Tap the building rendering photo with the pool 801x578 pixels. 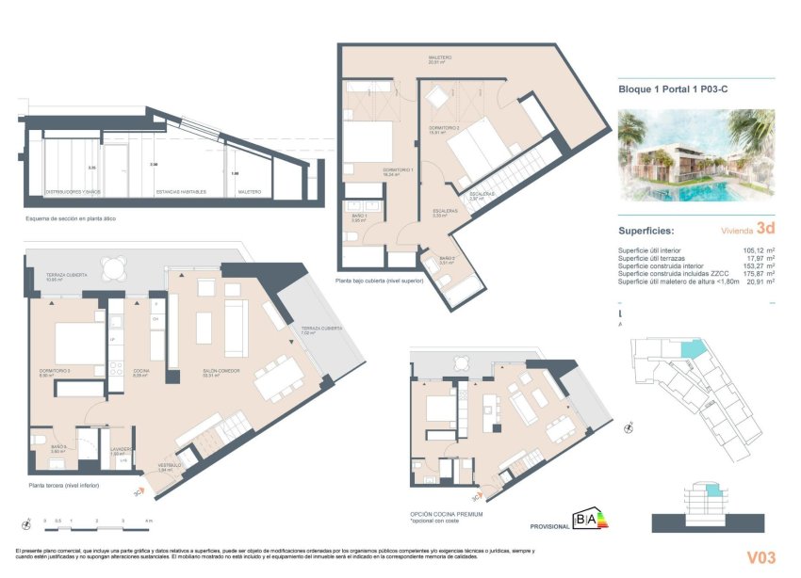point(695,155)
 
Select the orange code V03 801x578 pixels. point(760,557)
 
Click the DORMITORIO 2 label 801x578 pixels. point(442,127)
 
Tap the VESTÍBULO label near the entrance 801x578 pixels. point(168,465)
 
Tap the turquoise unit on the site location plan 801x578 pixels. point(693,351)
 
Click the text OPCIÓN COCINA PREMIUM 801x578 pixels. point(447,514)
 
